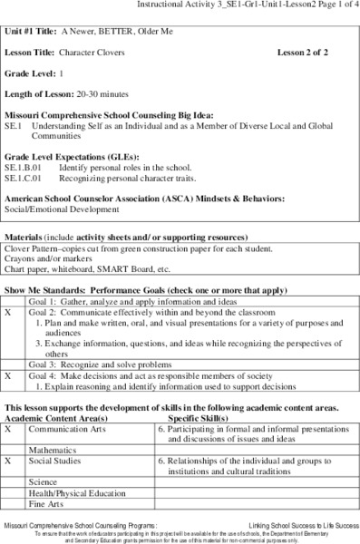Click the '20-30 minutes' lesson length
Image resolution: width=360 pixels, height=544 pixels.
click(x=96, y=94)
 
